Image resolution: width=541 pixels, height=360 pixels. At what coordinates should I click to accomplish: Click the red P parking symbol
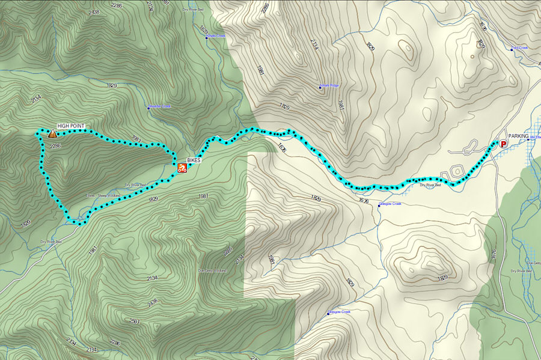[503, 144]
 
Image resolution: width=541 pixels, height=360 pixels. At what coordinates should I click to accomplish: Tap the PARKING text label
[518, 136]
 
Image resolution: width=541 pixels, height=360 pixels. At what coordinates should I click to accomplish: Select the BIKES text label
[194, 160]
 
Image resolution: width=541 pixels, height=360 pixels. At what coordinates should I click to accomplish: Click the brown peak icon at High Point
[52, 134]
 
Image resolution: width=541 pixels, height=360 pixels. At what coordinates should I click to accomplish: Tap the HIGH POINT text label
[71, 126]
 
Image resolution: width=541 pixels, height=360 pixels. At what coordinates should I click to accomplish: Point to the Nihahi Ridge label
[331, 87]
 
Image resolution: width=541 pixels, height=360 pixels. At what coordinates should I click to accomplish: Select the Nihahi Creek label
[216, 36]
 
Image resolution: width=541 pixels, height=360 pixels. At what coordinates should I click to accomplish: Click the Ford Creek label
[520, 48]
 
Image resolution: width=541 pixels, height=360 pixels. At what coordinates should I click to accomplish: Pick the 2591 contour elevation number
[134, 322]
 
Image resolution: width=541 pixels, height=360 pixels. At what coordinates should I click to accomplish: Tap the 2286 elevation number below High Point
[56, 145]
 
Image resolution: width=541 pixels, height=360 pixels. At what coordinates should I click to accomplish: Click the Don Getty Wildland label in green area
[212, 270]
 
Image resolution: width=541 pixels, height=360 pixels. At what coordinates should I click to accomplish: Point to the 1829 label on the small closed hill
[443, 278]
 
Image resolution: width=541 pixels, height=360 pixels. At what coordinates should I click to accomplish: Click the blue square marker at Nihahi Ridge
[320, 87]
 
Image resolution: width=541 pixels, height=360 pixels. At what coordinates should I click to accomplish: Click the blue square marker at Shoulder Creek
[148, 108]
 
